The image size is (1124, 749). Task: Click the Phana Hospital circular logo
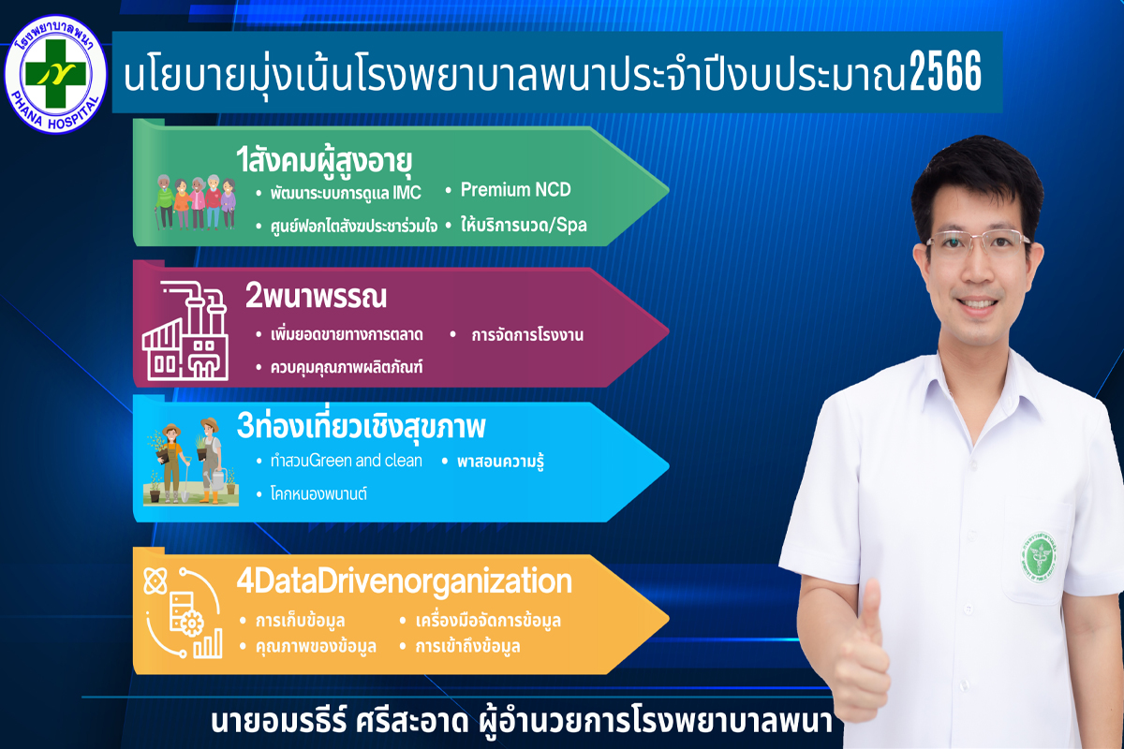(55, 74)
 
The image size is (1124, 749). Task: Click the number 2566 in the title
(945, 72)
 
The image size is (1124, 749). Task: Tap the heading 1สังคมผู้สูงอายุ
(324, 160)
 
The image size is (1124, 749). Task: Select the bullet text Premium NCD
(516, 190)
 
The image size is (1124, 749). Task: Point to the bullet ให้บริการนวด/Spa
(524, 226)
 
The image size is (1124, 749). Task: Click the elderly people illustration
(195, 201)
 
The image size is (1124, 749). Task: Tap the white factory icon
(185, 330)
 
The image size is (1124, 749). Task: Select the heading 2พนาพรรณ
(317, 296)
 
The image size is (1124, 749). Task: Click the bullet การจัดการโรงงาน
(526, 334)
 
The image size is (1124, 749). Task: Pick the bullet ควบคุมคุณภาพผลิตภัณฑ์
(347, 367)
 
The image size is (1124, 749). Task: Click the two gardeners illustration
(191, 461)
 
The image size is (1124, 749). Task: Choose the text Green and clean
(365, 460)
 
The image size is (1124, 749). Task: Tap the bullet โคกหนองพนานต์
(318, 493)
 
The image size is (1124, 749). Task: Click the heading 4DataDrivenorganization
(404, 580)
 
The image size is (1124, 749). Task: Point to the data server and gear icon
(184, 612)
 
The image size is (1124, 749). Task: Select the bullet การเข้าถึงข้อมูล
(467, 646)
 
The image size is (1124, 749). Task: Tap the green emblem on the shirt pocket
(1041, 557)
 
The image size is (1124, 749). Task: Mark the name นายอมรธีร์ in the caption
(279, 722)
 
